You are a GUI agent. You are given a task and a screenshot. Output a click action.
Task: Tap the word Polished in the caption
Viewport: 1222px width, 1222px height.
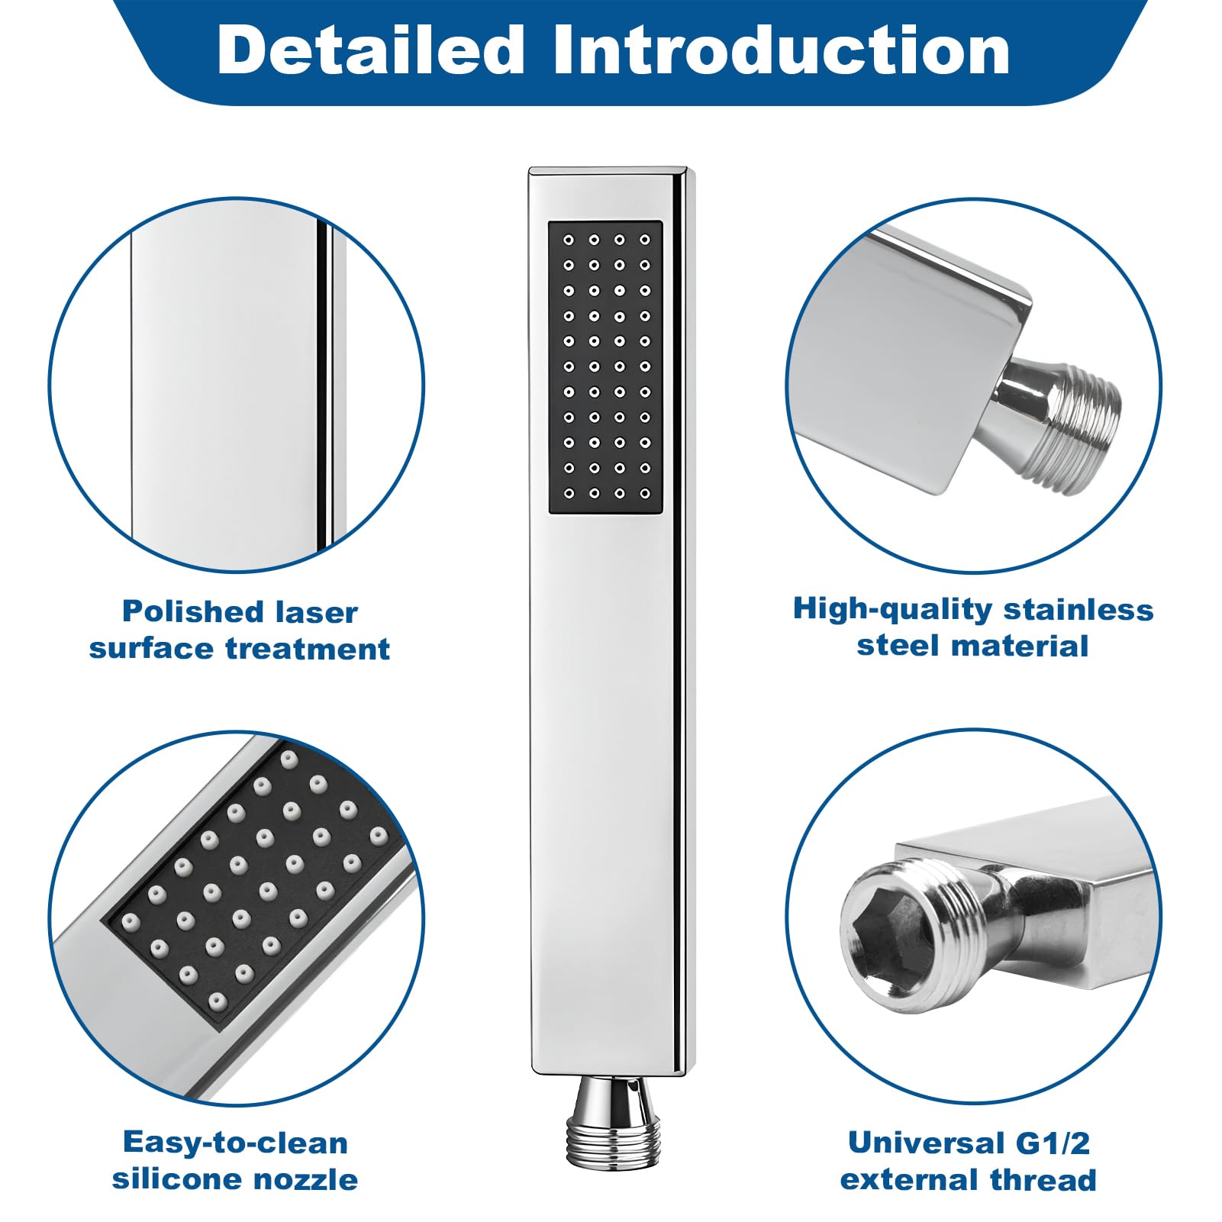(x=193, y=611)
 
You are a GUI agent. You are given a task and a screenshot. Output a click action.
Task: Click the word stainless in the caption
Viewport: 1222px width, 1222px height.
(x=1079, y=609)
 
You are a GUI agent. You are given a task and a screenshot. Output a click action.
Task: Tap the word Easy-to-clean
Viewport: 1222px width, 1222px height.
(x=235, y=1143)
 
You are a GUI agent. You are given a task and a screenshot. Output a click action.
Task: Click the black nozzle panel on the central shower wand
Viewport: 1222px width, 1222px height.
(x=605, y=367)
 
